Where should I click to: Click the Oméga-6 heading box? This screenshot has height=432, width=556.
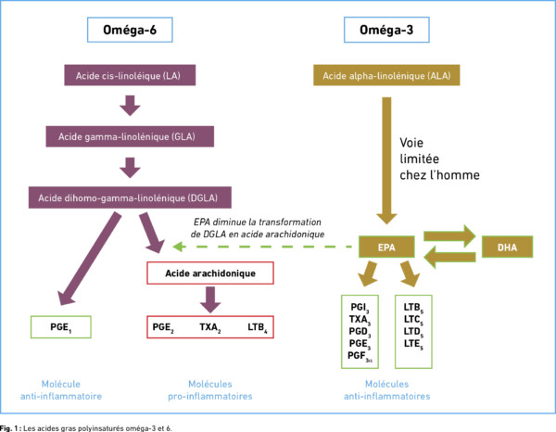(x=130, y=30)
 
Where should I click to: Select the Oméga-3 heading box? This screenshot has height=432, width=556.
(x=386, y=30)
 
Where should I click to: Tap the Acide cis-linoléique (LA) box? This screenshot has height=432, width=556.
(x=130, y=75)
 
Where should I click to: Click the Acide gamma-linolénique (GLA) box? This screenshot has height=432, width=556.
(x=130, y=136)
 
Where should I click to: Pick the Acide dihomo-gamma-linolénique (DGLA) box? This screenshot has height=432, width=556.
(x=130, y=197)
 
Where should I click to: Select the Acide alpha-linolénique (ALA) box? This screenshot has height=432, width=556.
(x=386, y=75)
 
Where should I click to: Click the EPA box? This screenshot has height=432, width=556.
(x=386, y=247)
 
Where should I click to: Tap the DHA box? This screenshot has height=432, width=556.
(x=507, y=247)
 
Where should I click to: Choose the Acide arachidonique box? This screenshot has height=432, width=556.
(x=210, y=273)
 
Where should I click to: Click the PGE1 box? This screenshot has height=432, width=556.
(x=61, y=327)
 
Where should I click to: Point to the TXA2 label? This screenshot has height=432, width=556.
(x=210, y=327)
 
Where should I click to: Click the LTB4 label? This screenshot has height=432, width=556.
(x=258, y=327)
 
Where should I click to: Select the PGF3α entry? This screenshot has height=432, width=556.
(x=360, y=356)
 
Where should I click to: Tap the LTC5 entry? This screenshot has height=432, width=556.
(x=413, y=320)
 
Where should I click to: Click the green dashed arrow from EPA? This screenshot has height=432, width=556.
(x=262, y=247)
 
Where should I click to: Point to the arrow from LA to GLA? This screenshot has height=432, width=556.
(x=130, y=106)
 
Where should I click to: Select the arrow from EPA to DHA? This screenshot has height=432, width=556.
(x=449, y=235)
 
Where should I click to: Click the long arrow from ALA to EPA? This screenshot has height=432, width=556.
(x=386, y=160)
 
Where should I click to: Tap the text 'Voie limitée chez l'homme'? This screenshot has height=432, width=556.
(x=439, y=159)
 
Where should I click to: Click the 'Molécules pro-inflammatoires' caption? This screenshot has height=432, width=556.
(x=210, y=390)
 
